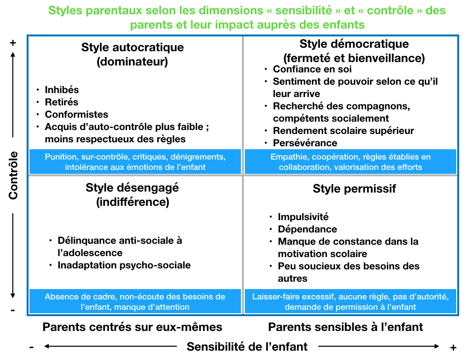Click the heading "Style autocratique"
coord(133,47)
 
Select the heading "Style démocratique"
coord(354,44)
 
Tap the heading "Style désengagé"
coord(133,188)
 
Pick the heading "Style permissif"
coord(354,189)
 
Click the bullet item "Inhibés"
coord(62,90)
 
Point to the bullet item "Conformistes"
coord(76,114)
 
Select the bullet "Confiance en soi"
coord(312,69)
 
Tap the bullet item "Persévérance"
coord(305,143)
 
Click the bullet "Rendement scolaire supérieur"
coord(343,131)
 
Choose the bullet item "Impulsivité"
coord(303,217)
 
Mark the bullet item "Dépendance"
coord(307,229)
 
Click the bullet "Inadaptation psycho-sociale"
coord(124,265)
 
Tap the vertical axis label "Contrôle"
coord(13,175)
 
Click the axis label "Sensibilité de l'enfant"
coord(247,347)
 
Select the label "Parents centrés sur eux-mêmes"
coord(133,327)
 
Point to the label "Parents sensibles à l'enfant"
coord(345,327)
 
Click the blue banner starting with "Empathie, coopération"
coord(350,162)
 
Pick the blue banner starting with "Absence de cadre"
coord(135,301)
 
